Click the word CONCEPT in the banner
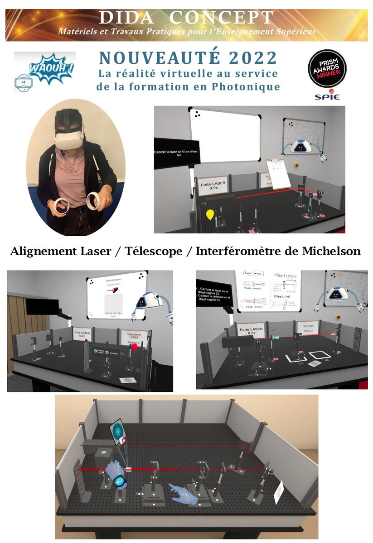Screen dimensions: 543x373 coord(222,18)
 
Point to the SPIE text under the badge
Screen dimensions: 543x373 coord(326,96)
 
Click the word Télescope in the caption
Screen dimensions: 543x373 coord(154,251)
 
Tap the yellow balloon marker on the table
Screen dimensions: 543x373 coord(210,214)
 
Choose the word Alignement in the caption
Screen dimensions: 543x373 coord(45,251)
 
